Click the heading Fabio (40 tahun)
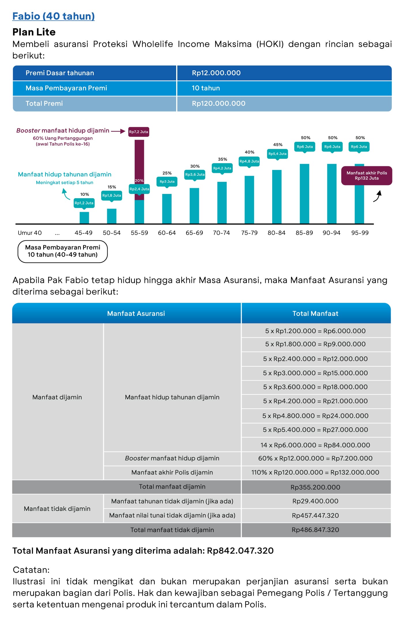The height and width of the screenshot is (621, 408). click(53, 16)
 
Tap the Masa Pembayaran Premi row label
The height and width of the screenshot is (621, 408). click(66, 88)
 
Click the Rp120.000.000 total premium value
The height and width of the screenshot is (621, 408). click(219, 103)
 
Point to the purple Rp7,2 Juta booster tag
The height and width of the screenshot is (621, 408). click(139, 132)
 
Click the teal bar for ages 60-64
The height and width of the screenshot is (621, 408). click(167, 209)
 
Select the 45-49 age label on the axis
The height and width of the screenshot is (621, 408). click(83, 233)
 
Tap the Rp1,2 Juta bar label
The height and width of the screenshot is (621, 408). click(84, 203)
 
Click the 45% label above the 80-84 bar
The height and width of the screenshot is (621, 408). click(278, 145)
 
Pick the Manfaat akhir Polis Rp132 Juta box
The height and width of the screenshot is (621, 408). click(367, 175)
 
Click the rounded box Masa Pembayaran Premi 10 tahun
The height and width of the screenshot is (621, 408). click(63, 251)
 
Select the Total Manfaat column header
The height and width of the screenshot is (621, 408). click(315, 314)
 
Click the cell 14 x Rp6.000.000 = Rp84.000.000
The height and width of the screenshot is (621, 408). click(315, 445)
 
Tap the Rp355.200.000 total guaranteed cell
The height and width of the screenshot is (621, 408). click(315, 487)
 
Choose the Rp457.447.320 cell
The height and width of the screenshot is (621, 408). click(315, 516)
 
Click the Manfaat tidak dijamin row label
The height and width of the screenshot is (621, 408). click(57, 509)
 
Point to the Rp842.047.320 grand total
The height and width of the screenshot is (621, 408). click(240, 551)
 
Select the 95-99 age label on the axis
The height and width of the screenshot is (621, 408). click(360, 233)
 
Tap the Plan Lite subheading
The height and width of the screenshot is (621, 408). click(34, 32)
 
